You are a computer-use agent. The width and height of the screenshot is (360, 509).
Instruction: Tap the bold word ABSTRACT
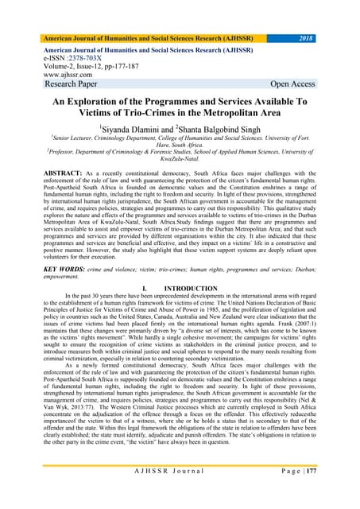click(50, 173)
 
